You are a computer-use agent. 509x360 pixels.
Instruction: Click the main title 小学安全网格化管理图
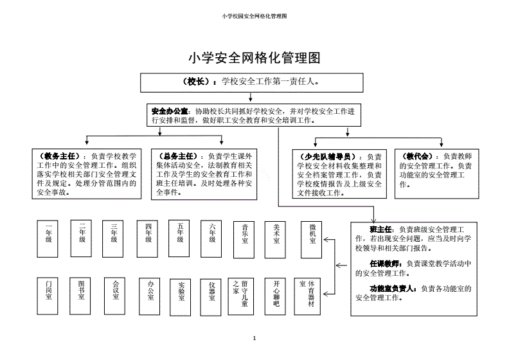[x=254, y=58]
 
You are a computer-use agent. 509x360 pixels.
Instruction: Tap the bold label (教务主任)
[x=60, y=156]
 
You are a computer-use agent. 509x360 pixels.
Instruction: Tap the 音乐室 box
[x=246, y=235]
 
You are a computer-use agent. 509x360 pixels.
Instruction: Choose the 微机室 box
[x=312, y=235]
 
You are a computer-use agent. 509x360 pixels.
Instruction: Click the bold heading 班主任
[x=381, y=229]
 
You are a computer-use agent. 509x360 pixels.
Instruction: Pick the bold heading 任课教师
[x=385, y=264]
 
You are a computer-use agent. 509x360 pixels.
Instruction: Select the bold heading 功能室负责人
[x=393, y=288]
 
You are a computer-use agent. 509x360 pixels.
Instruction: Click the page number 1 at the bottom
[x=254, y=338]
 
